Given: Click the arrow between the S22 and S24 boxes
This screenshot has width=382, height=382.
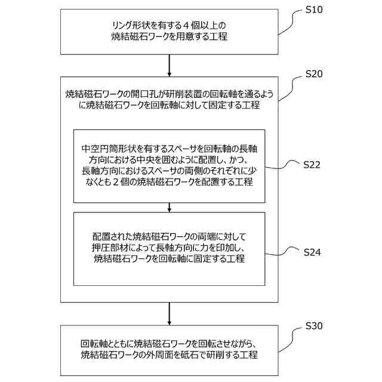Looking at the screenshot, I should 170,207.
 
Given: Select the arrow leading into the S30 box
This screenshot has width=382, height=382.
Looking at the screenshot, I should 170,313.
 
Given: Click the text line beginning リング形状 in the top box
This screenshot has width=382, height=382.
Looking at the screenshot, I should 170,25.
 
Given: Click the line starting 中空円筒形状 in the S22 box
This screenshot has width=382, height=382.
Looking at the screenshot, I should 170,147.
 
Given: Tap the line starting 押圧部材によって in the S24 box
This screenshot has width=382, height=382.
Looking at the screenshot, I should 170,247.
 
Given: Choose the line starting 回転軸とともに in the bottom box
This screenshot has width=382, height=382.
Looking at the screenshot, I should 170,344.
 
